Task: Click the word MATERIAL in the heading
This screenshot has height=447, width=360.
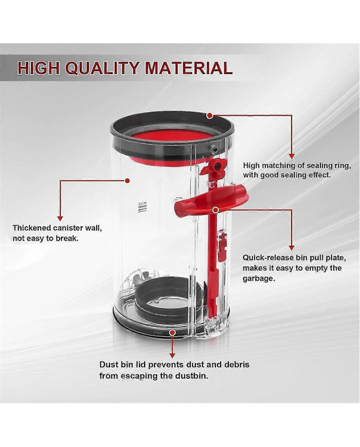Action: [x=189, y=68]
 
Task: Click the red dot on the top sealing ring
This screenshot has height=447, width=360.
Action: [x=210, y=115]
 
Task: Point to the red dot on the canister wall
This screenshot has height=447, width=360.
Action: [x=128, y=181]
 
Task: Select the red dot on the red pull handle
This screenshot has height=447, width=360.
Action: [x=216, y=210]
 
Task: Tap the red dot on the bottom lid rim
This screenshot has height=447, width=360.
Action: [x=172, y=333]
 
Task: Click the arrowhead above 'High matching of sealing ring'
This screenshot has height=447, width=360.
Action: [x=291, y=156]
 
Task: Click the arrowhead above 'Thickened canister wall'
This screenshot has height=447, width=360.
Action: [x=60, y=218]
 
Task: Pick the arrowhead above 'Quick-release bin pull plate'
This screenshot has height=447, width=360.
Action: [x=291, y=248]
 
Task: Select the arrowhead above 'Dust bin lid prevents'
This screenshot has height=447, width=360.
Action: [x=172, y=355]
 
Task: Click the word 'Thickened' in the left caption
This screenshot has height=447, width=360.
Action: [x=32, y=228]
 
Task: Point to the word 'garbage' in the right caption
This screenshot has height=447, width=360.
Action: [x=259, y=279]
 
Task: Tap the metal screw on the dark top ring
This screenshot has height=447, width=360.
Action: [x=213, y=149]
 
